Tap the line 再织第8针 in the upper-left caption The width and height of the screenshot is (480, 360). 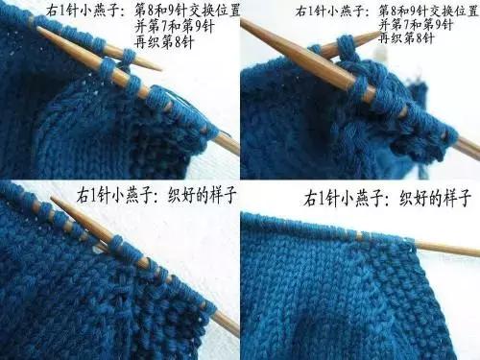coord(164,42)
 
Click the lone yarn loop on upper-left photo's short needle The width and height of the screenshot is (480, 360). coord(128,59)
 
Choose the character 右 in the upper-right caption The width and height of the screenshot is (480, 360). coord(301,12)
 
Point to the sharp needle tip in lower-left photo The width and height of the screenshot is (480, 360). coord(53,198)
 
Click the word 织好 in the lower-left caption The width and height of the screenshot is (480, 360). coord(181,194)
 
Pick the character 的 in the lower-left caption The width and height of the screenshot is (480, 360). coord(203,194)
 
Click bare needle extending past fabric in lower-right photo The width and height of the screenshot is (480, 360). coord(448,249)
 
